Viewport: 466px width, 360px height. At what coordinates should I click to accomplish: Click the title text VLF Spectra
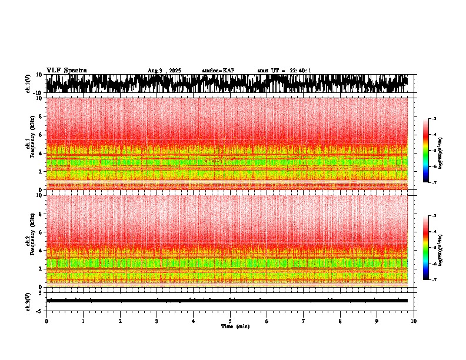66,70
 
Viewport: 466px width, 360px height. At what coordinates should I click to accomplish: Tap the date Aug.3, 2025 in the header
164,71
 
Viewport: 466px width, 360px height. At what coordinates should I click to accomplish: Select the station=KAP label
218,71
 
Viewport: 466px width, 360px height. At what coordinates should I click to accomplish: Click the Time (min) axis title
235,326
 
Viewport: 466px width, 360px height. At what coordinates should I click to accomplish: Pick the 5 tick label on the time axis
230,321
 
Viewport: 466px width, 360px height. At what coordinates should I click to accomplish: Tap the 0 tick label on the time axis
46,321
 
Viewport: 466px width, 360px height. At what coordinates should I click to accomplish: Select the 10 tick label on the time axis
414,321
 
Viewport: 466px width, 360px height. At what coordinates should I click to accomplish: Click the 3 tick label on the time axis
157,321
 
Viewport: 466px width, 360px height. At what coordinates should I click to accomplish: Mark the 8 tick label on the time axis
340,321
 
